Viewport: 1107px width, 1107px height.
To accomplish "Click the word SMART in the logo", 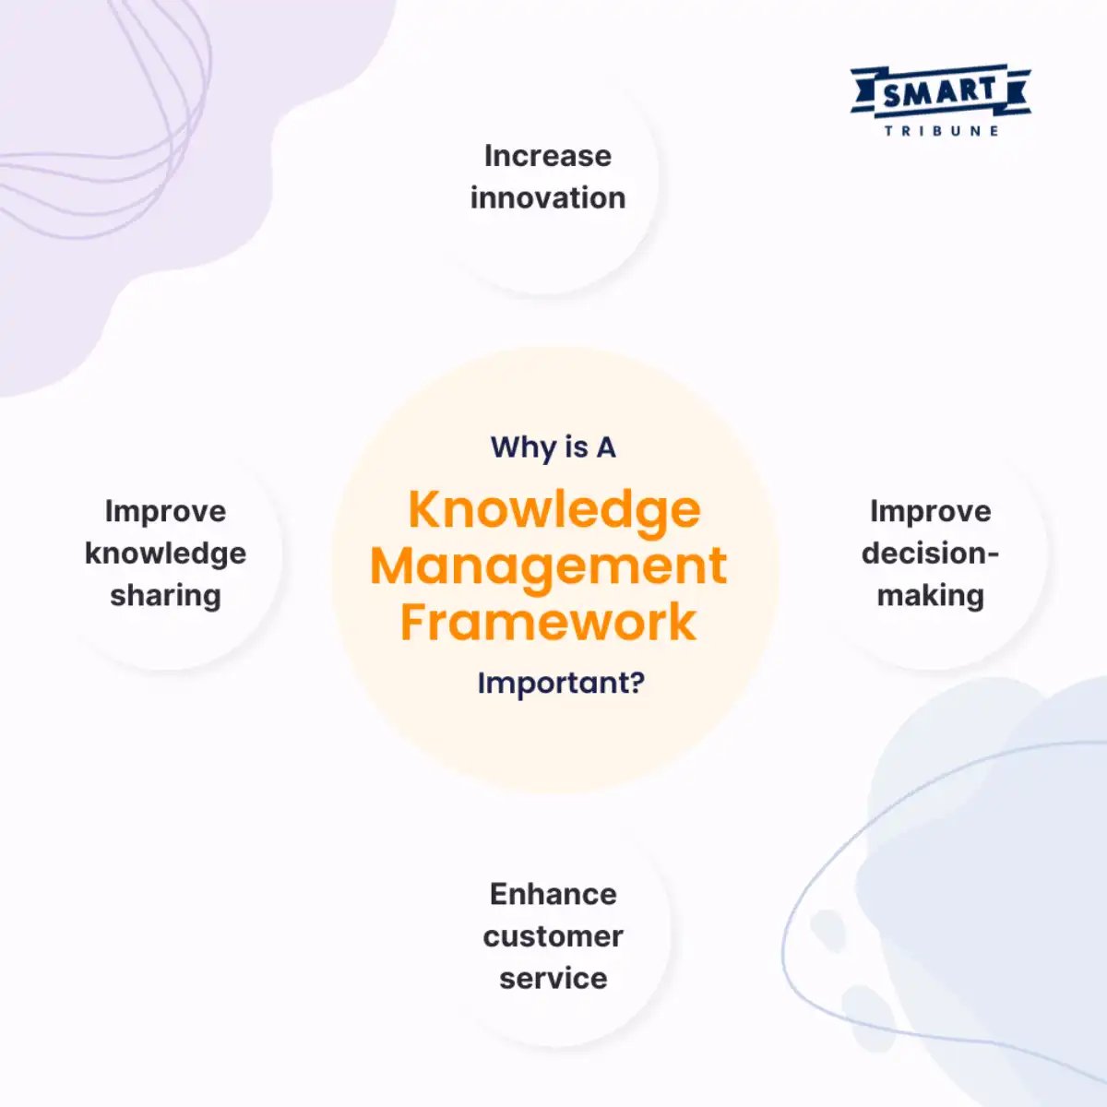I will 940,91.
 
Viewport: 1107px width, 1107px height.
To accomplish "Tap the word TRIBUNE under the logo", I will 941,131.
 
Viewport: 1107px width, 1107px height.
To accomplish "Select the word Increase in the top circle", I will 547,156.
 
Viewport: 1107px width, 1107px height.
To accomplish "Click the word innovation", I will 547,197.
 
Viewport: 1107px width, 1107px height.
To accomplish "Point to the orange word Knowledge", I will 553,509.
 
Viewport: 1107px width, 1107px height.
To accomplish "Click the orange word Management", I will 548,565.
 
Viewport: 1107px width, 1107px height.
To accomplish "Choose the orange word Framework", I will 548,622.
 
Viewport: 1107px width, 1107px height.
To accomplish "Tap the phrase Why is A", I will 553,447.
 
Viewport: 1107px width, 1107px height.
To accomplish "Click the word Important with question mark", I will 560,684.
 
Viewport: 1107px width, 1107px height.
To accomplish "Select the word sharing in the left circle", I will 165,596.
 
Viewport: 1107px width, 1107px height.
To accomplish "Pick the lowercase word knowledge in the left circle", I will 165,553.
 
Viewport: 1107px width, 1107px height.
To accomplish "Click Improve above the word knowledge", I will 165,511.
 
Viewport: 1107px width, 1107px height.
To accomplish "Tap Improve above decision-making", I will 930,511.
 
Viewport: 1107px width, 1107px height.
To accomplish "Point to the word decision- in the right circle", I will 930,553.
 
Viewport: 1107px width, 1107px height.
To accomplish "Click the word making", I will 930,596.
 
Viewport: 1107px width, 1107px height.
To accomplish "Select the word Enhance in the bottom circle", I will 553,894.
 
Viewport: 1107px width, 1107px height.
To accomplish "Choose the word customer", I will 553,936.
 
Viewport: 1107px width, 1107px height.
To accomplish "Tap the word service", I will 553,978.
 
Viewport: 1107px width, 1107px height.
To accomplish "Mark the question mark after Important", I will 637,684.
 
